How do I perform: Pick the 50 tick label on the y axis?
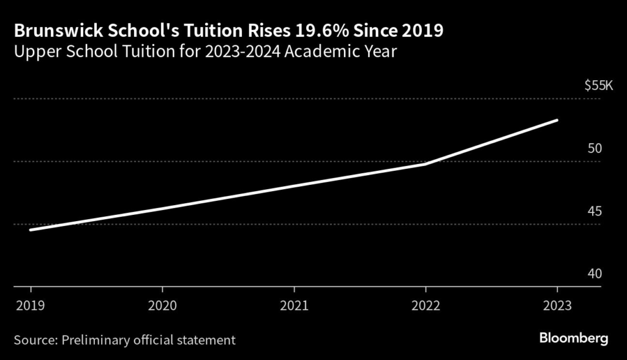coord(595,149)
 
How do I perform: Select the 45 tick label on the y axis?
coord(595,211)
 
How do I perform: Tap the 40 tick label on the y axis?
coord(595,274)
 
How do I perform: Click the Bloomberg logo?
coord(574,338)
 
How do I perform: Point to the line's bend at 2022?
coord(426,163)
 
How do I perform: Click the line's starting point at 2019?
coord(30,230)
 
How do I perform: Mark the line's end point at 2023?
coord(557,120)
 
